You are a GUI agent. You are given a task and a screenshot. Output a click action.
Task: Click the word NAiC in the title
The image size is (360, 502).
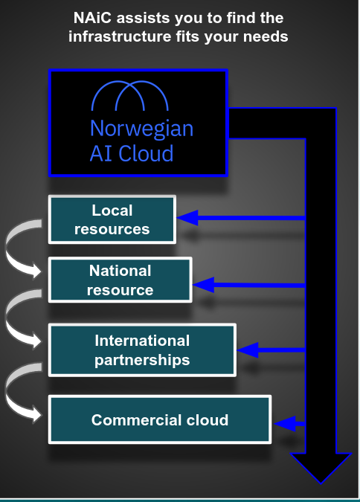point(92,18)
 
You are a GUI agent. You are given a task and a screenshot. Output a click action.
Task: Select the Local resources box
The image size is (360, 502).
point(112,219)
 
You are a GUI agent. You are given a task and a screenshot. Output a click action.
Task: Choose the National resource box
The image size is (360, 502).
point(120,280)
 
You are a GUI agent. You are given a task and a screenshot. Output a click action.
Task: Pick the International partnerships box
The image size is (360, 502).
point(142,350)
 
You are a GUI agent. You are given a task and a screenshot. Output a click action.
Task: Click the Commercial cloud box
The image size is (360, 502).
point(160,419)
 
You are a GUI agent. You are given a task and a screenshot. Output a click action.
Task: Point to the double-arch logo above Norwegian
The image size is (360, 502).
point(129,96)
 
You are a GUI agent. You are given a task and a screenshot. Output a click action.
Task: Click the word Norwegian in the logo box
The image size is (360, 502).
point(141,129)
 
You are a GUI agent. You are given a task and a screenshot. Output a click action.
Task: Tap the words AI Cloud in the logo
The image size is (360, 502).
point(132,153)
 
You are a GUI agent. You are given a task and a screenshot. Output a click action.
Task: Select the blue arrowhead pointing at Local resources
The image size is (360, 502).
point(187,218)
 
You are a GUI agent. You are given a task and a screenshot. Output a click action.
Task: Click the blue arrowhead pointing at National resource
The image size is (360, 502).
point(203,285)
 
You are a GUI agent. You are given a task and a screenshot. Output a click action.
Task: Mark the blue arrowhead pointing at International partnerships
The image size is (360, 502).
point(248,350)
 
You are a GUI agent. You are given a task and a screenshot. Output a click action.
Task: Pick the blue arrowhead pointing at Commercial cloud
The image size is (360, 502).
point(285,424)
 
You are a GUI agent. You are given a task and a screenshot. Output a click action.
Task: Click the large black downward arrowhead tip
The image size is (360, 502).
point(321,483)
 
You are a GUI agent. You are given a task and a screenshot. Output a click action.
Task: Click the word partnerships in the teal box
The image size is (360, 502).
point(142,361)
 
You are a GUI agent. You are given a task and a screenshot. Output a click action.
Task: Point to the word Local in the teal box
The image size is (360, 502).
point(112,210)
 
